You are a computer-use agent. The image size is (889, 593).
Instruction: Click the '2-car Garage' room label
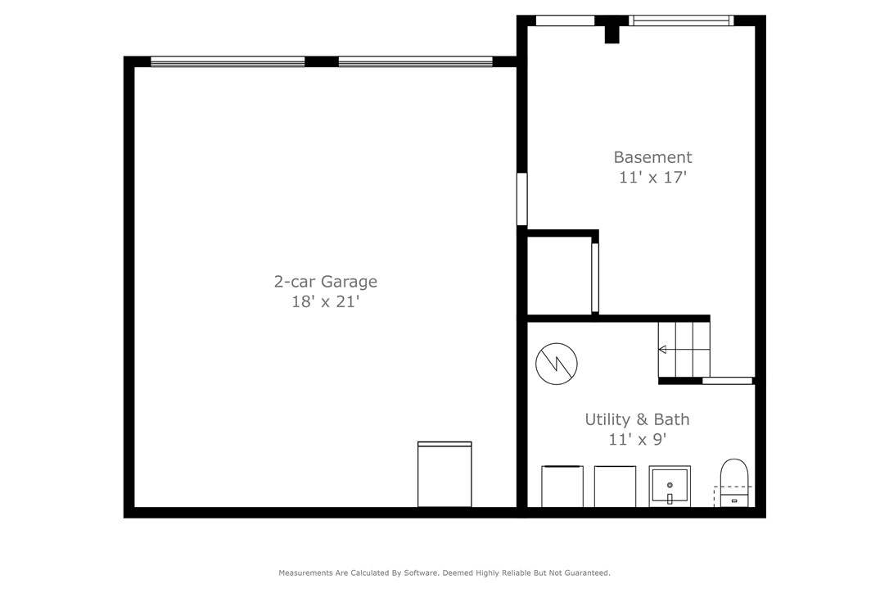(325, 282)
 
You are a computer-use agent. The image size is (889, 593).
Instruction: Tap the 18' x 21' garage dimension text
(325, 302)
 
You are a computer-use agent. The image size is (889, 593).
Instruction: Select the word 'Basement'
(652, 157)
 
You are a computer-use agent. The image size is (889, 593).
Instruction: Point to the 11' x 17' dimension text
(652, 178)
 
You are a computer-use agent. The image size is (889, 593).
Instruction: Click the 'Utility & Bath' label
(637, 419)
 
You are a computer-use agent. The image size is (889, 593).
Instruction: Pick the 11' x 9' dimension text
(637, 440)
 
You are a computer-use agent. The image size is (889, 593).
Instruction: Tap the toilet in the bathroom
(733, 482)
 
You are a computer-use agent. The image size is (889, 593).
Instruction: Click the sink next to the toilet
(670, 487)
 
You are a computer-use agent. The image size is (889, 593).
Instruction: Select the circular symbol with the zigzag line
(557, 364)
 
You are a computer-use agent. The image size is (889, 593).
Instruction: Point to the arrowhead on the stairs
(662, 350)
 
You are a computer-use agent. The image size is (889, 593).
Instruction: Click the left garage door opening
(228, 61)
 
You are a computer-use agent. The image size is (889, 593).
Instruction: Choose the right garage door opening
(415, 61)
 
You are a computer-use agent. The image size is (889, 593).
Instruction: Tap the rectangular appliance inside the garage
(444, 475)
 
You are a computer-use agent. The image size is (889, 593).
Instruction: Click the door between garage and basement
(521, 198)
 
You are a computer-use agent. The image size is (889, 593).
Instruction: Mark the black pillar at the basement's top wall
(611, 32)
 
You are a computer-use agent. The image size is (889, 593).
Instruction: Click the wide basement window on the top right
(680, 20)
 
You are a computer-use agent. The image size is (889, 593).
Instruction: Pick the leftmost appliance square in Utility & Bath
(562, 487)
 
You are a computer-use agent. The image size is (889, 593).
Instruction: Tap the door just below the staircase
(727, 381)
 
